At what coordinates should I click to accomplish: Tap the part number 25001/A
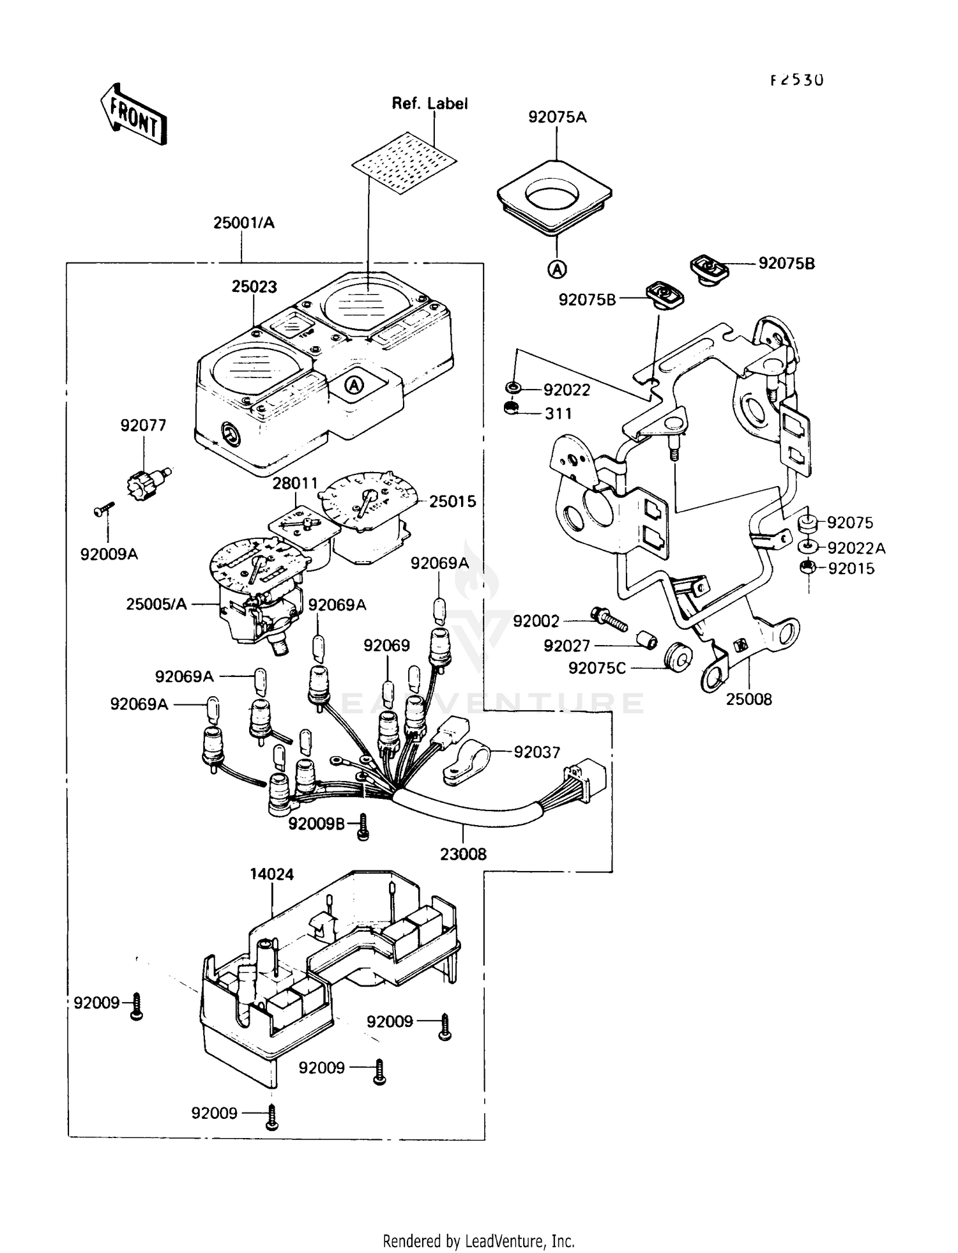click(243, 223)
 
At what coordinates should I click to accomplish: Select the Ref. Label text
click(429, 103)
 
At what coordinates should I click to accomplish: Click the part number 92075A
click(557, 118)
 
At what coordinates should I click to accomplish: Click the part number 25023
click(254, 287)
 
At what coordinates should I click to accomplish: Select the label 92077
click(143, 425)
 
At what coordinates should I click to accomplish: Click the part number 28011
click(295, 483)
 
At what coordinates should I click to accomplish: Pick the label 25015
click(452, 502)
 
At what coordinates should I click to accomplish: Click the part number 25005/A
click(156, 604)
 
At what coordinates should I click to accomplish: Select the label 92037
click(536, 752)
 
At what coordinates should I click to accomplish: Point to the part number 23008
click(463, 854)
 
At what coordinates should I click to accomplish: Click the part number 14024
click(272, 874)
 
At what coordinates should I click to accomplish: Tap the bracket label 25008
click(749, 699)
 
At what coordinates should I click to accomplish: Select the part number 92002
click(536, 621)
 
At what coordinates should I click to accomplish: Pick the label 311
click(558, 414)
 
